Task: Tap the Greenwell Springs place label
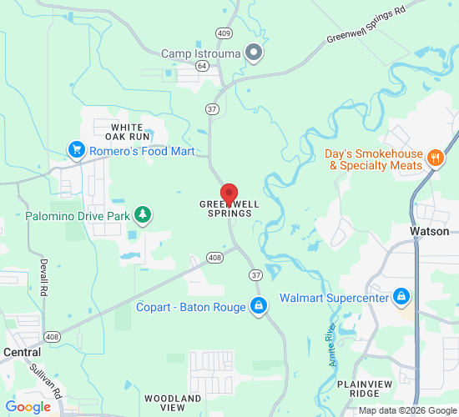pos(225,209)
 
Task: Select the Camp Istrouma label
pos(200,53)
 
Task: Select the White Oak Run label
pos(131,131)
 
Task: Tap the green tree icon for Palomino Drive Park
pos(143,215)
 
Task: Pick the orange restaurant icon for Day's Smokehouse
pos(434,158)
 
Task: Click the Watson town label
pos(430,231)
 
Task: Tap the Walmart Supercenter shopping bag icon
pos(402,297)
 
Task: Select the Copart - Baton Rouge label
pos(191,307)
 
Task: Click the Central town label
pos(22,352)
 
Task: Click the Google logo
pos(28,407)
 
